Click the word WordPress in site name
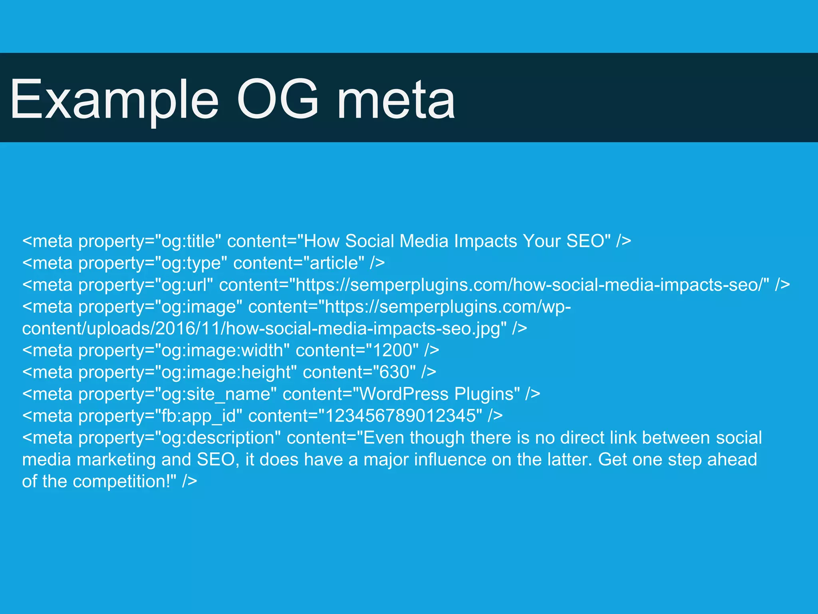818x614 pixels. coord(404,394)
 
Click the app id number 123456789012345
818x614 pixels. coord(401,416)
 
